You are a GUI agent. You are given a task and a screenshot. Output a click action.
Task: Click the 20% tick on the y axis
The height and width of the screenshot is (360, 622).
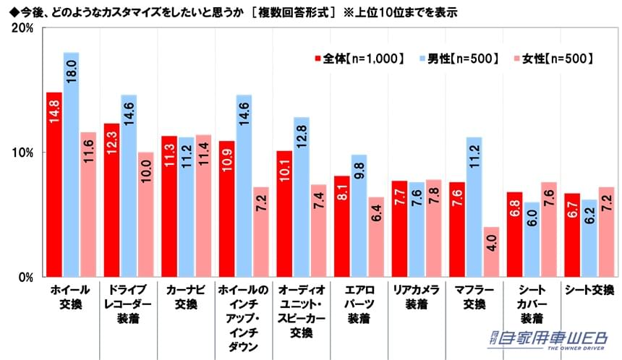(x=22, y=28)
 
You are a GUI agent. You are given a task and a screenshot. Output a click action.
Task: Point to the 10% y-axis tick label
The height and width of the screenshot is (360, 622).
(x=22, y=153)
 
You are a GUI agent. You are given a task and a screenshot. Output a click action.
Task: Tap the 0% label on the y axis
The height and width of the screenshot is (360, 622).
(x=25, y=277)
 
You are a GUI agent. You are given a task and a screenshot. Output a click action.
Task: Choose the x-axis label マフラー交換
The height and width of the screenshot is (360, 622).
(x=472, y=297)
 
